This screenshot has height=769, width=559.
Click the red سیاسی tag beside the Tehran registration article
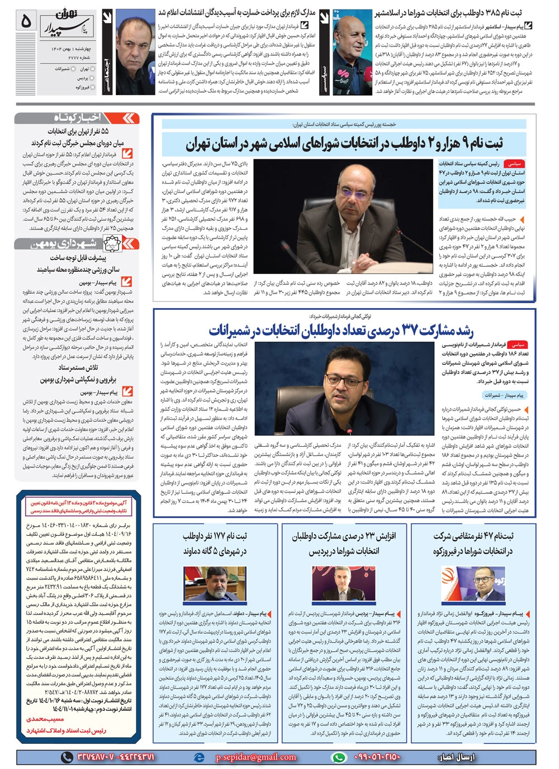click(x=514, y=164)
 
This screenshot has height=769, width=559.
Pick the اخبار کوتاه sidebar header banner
click(x=77, y=117)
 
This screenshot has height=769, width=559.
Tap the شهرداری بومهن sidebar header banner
click(x=77, y=244)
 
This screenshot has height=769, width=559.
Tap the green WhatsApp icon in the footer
click(x=339, y=757)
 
